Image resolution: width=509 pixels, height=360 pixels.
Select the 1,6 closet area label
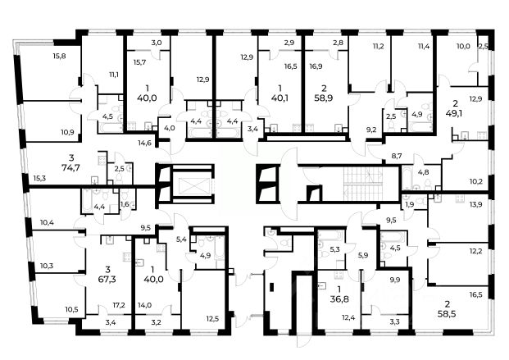pyautogui.click(x=125, y=204)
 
